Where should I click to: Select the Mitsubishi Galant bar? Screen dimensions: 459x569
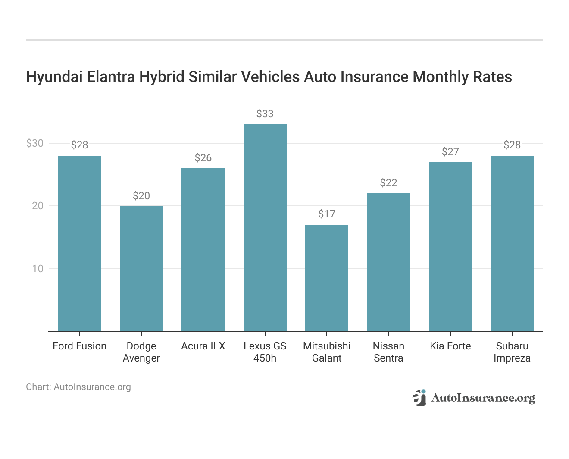pyautogui.click(x=327, y=278)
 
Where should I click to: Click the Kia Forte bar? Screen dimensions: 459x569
pyautogui.click(x=450, y=246)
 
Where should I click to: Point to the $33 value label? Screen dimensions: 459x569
pyautogui.click(x=265, y=114)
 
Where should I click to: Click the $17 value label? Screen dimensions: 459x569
pyautogui.click(x=327, y=214)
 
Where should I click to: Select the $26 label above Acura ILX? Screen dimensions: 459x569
pyautogui.click(x=203, y=158)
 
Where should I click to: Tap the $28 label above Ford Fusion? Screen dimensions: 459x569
pyautogui.click(x=79, y=145)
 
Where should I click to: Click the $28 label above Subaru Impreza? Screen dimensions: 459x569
pyautogui.click(x=512, y=145)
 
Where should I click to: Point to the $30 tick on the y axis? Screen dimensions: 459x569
pyautogui.click(x=35, y=143)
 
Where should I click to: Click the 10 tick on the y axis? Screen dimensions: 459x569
pyautogui.click(x=38, y=269)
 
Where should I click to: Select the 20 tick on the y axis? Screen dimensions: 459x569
pyautogui.click(x=38, y=206)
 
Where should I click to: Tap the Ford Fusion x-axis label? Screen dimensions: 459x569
pyautogui.click(x=79, y=346)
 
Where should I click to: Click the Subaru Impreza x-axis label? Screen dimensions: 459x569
pyautogui.click(x=512, y=352)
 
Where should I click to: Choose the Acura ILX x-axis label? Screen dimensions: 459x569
pyautogui.click(x=203, y=346)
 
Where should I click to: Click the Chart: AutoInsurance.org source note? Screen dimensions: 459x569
pyautogui.click(x=78, y=387)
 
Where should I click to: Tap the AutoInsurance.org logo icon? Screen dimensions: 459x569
pyautogui.click(x=419, y=398)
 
